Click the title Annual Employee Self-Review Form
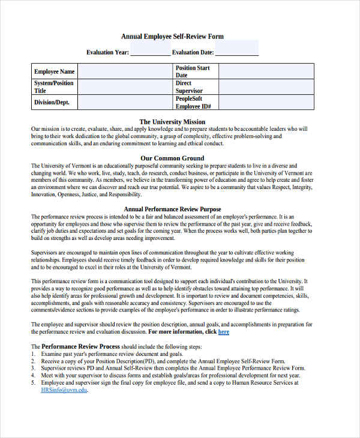[x=172, y=37]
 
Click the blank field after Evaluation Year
[x=150, y=52]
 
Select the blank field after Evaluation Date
[x=236, y=52]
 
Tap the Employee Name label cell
[x=55, y=72]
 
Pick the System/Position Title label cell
[x=55, y=87]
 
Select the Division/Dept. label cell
[x=55, y=103]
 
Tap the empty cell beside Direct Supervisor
[x=266, y=87]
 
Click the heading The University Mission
[x=172, y=122]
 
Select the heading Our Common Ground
[x=172, y=158]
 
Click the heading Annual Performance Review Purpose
[x=172, y=209]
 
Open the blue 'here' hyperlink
[x=224, y=332]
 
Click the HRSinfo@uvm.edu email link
[x=64, y=390]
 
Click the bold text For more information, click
[x=182, y=332]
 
